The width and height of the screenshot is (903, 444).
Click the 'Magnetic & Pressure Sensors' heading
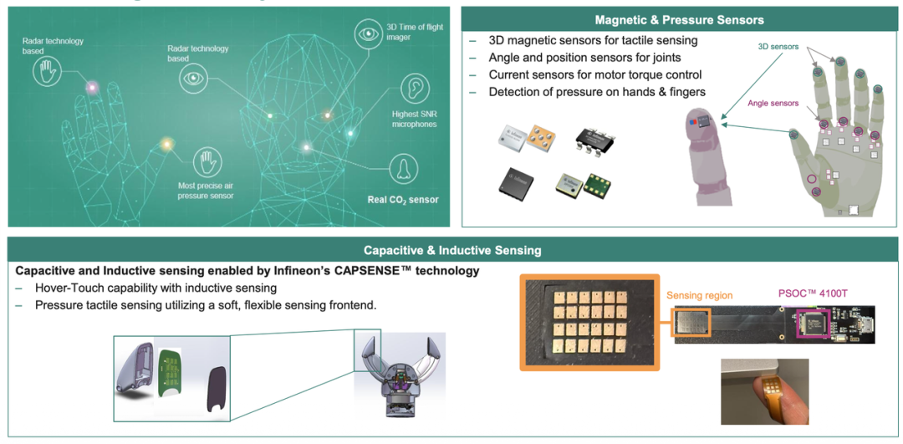pyautogui.click(x=679, y=20)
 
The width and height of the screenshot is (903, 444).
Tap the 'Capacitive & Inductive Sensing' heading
pyautogui.click(x=452, y=251)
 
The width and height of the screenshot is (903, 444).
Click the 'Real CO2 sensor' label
pyautogui.click(x=403, y=201)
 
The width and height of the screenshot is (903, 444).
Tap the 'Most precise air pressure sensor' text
pyautogui.click(x=206, y=190)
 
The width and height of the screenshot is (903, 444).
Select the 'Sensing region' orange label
pyautogui.click(x=699, y=295)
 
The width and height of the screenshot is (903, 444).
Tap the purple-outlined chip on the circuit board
pyautogui.click(x=814, y=324)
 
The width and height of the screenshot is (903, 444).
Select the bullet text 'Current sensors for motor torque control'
pyautogui.click(x=595, y=75)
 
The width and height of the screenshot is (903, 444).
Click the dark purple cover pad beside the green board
pyautogui.click(x=217, y=393)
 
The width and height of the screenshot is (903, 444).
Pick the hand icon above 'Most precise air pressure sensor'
pyautogui.click(x=206, y=162)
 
